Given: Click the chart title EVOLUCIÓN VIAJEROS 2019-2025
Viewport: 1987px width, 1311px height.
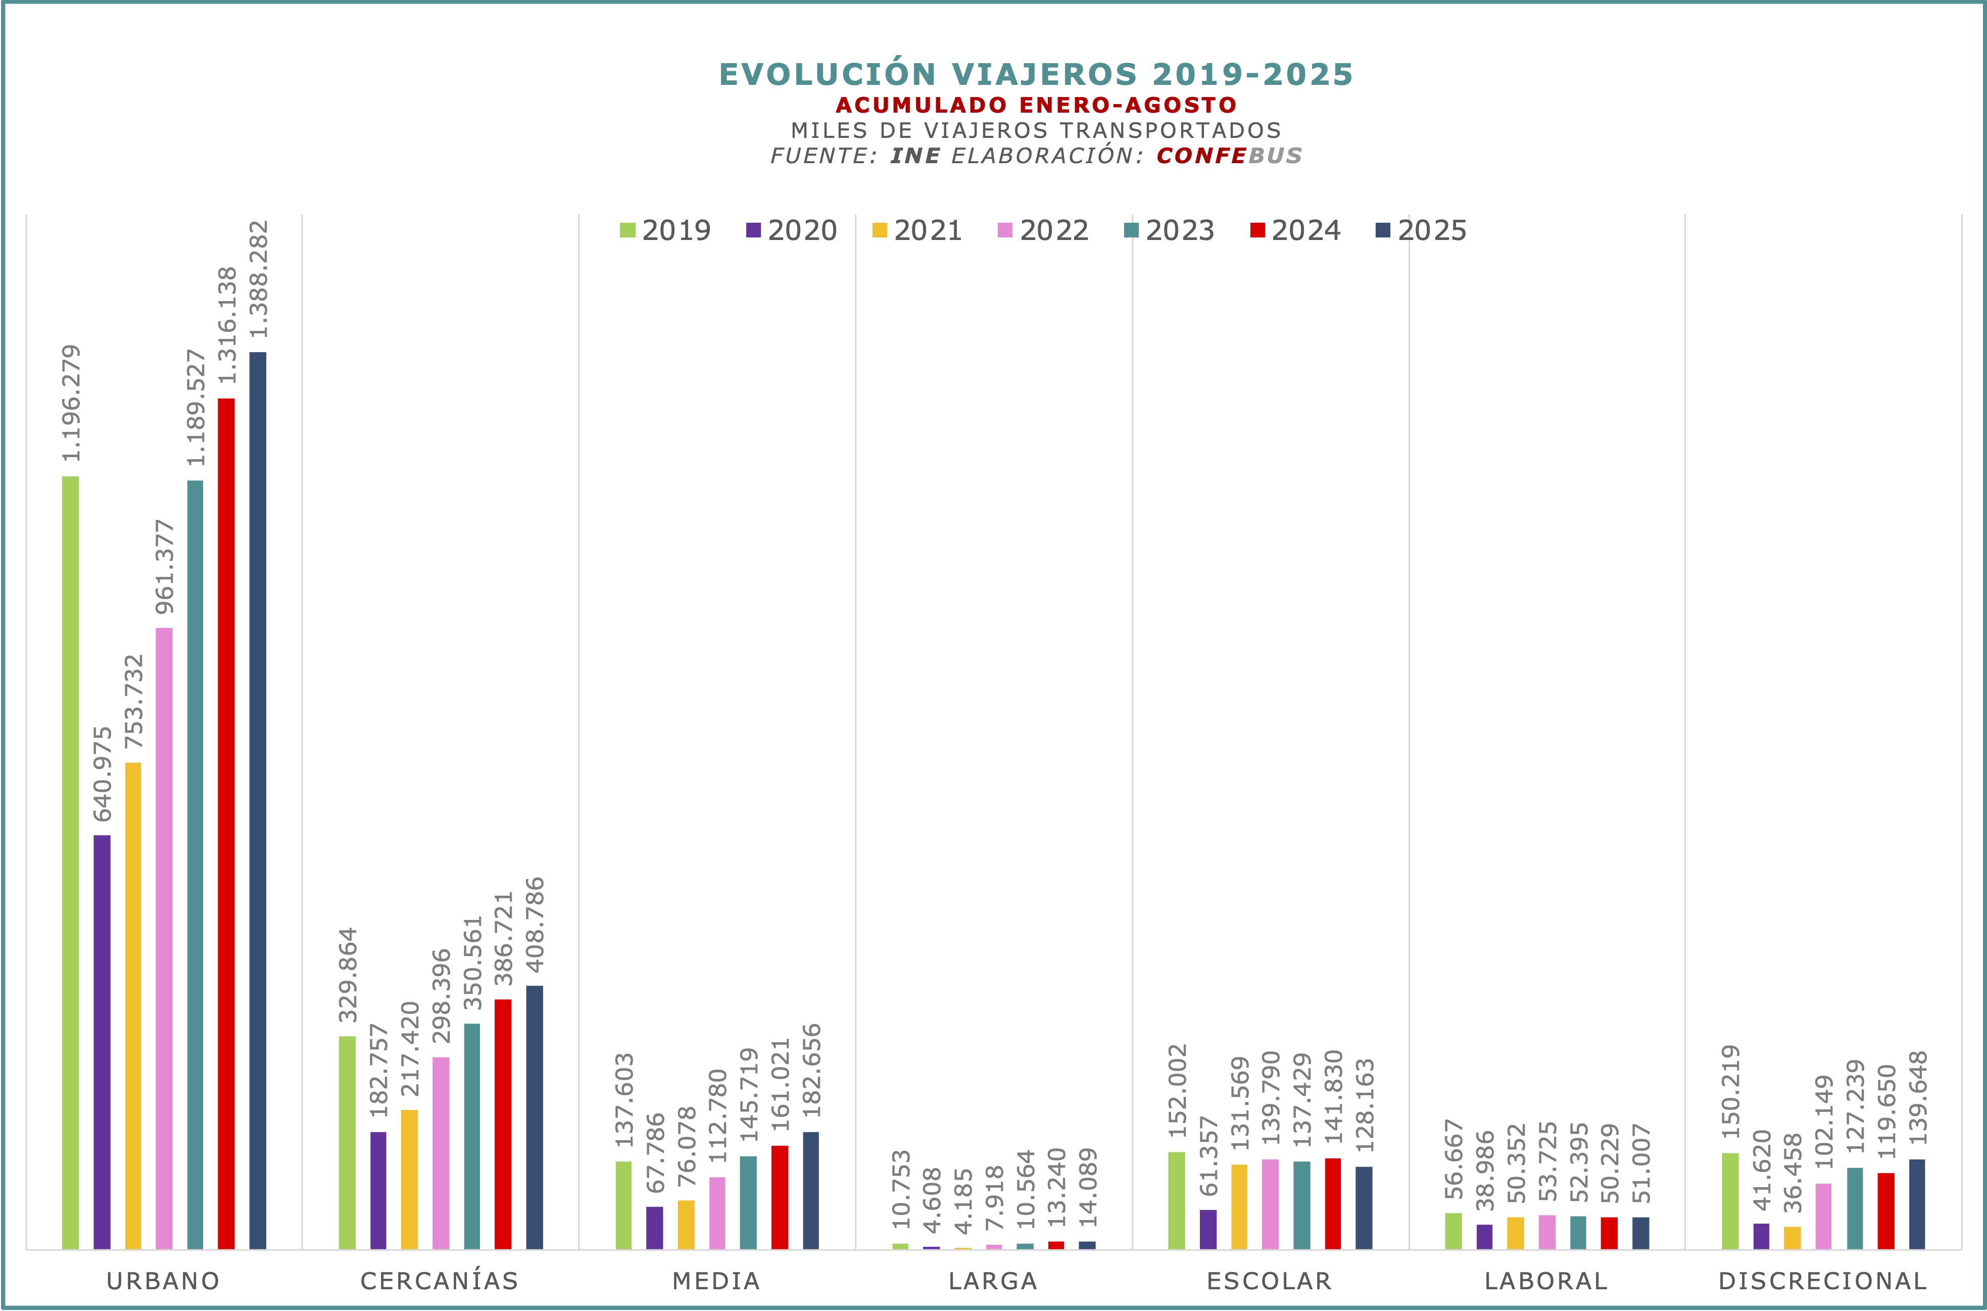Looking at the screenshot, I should (1035, 74).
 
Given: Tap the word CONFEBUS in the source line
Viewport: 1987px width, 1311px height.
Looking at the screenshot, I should (1229, 156).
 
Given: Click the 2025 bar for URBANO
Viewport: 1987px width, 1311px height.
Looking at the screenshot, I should (258, 800).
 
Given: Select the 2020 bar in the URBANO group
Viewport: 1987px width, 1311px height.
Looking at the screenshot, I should (102, 1042).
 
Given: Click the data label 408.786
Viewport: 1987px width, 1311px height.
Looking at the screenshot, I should (534, 924).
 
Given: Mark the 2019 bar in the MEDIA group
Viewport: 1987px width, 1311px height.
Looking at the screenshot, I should (623, 1205).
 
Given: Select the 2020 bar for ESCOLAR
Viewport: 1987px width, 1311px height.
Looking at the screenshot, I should (1208, 1229).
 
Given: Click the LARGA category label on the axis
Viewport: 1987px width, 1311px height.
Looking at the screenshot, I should (992, 1281).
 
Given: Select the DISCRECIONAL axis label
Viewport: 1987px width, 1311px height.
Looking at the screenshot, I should (1822, 1281).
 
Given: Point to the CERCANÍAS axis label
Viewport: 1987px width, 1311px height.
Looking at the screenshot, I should (440, 1281).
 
